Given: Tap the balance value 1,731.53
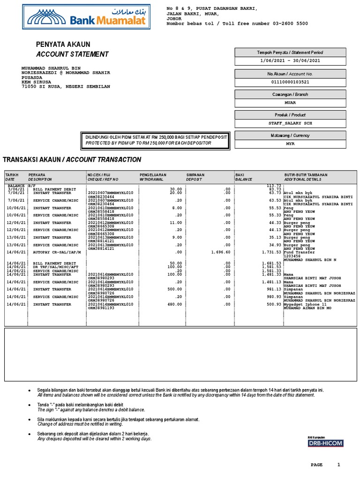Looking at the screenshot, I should pyautogui.click(x=271, y=252).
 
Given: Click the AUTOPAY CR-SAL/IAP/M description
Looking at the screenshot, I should pyautogui.click(x=57, y=252).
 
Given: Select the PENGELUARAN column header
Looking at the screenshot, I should pyautogui.click(x=154, y=175).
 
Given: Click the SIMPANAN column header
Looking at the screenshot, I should pyautogui.click(x=196, y=175).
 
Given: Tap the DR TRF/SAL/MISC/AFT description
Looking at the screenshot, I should pyautogui.click(x=56, y=267).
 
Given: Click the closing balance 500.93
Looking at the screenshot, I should pyautogui.click(x=273, y=304).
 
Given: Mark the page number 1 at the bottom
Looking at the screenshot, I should pyautogui.click(x=338, y=465).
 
